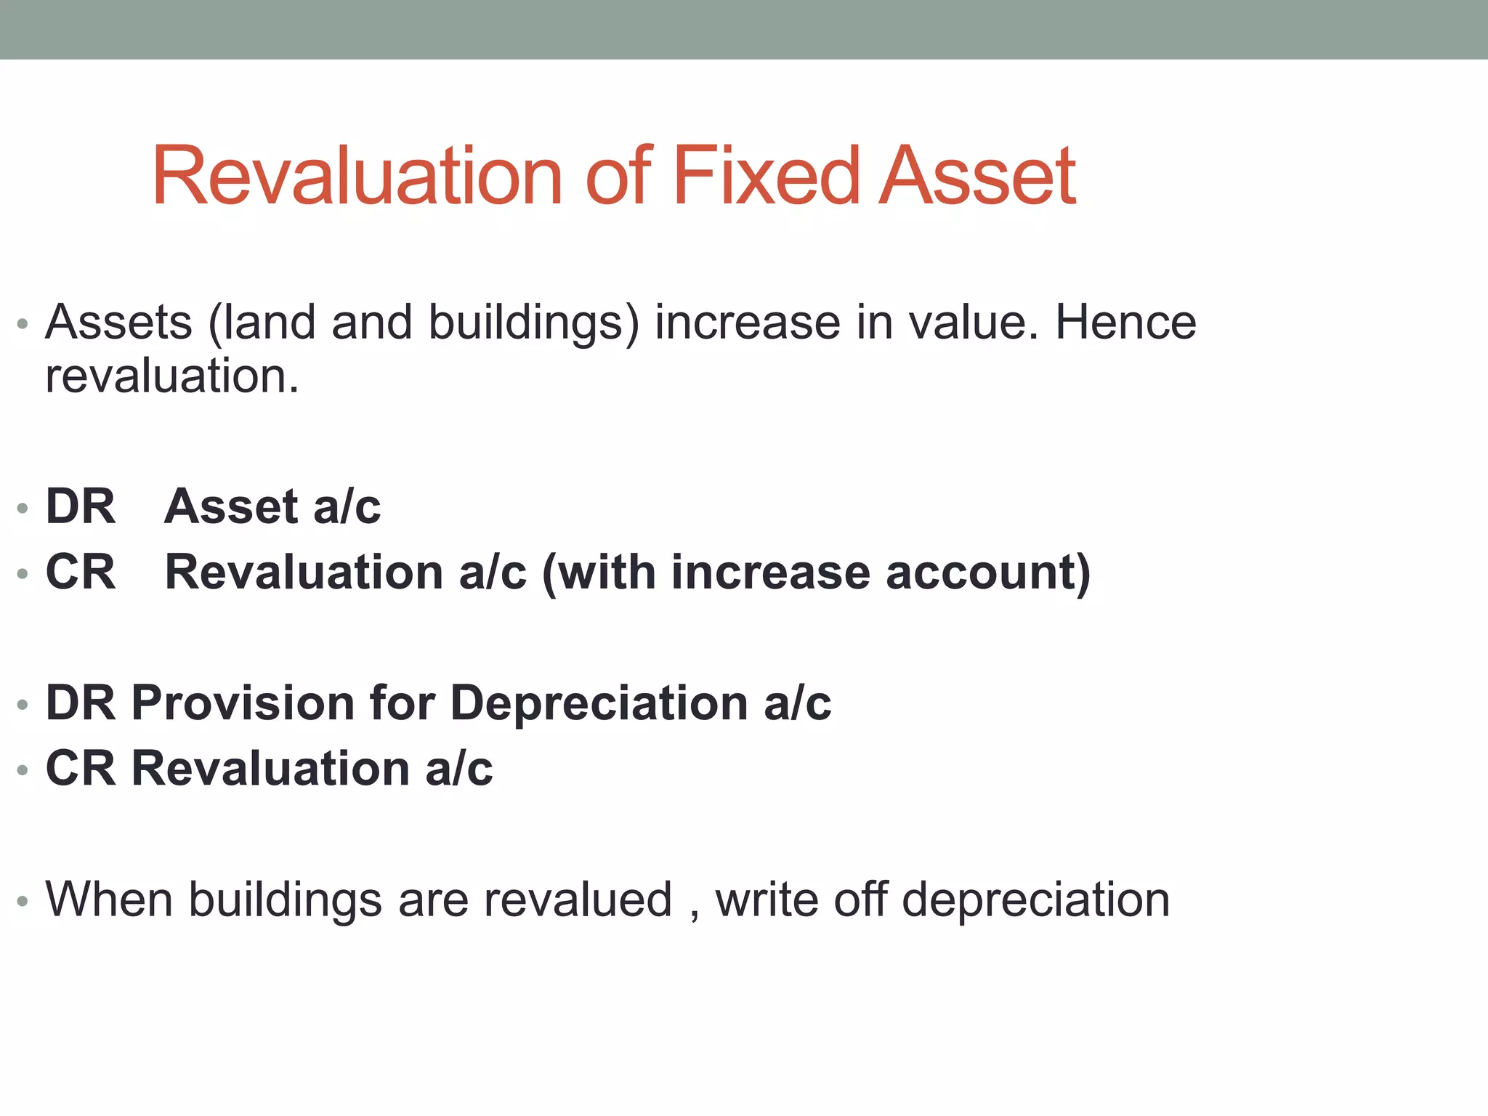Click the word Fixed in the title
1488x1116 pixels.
pos(766,177)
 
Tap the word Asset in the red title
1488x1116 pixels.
pos(977,177)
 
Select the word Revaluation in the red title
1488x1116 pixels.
pos(357,177)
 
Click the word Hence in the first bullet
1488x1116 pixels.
pos(1125,322)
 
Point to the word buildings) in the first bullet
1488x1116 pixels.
pos(533,323)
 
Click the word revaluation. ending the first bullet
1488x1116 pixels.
pos(172,376)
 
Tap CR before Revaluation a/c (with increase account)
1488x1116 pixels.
pos(81,572)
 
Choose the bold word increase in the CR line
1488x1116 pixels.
pos(770,572)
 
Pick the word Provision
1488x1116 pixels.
pos(243,703)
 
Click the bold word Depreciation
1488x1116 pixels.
pos(599,703)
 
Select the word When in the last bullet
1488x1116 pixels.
pos(109,899)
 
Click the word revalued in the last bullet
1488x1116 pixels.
pos(578,899)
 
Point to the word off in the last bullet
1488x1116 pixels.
pos(860,899)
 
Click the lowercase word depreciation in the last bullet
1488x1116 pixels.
pos(1035,901)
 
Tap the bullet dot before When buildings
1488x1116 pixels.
pos(23,902)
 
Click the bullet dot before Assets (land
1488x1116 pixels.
pos(23,323)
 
